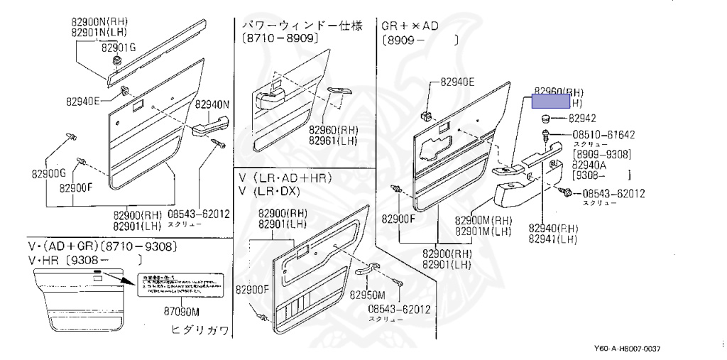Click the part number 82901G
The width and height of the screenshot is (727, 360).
coord(118,48)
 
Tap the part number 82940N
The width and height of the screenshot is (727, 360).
coord(214,104)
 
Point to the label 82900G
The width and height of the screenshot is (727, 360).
coord(48,173)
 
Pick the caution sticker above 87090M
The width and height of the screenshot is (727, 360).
coord(182,286)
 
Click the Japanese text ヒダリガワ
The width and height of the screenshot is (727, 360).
coord(199,329)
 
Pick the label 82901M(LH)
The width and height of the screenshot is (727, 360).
coord(483,231)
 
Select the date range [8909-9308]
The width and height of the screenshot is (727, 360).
coord(602,154)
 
